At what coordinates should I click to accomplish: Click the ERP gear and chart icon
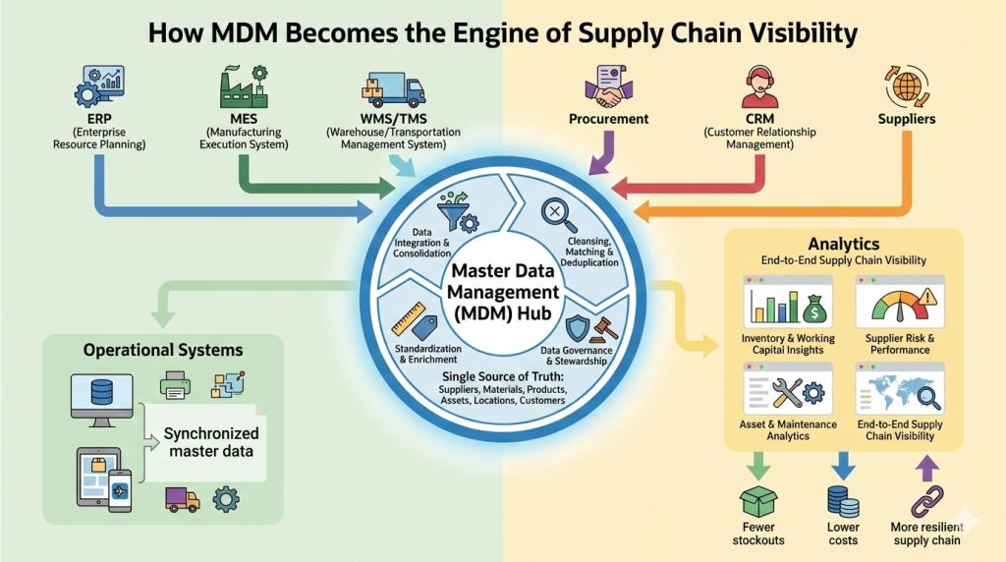click(x=97, y=86)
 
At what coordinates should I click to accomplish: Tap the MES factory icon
click(x=245, y=84)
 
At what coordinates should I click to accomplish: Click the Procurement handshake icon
click(x=608, y=85)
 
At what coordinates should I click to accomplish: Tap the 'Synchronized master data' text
click(x=211, y=442)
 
